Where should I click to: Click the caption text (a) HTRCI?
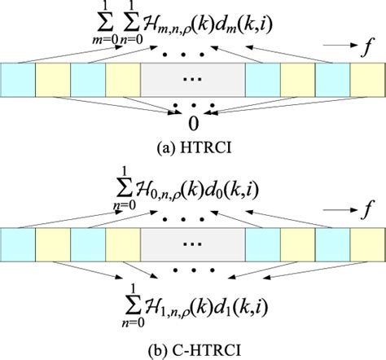pos(193,148)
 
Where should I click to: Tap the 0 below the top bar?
pos(193,124)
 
